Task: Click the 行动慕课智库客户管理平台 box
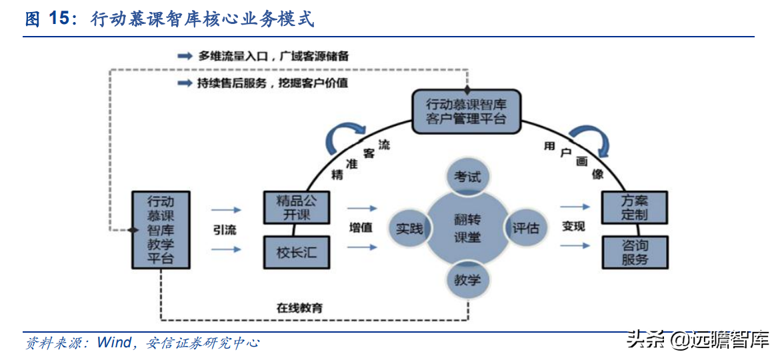pos(465,112)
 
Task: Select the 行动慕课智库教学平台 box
pos(160,229)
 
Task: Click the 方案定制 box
pos(634,207)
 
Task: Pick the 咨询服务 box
pos(634,252)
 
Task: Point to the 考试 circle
pos(467,177)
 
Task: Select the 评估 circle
pos(525,228)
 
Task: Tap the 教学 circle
pos(467,279)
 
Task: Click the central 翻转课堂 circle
pos(467,228)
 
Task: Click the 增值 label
pos(361,227)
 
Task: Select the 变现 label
pos(573,227)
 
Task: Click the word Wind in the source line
pos(114,343)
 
